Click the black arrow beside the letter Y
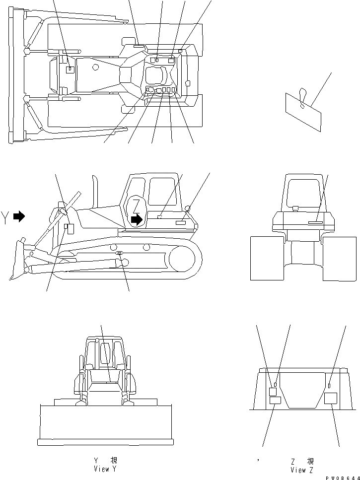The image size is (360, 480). coord(19,216)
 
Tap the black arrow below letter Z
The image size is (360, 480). coord(136,220)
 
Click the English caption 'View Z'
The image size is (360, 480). coord(301,470)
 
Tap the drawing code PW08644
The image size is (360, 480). coord(343,477)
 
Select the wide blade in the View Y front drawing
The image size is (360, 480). coord(106,423)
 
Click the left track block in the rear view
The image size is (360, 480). coord(266,258)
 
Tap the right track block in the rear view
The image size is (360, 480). coord(339,258)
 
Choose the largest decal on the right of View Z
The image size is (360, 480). coord(330,398)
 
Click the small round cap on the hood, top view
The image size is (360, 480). coord(95,67)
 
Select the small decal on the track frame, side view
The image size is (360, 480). coord(119,254)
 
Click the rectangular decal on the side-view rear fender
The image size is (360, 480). coord(181,224)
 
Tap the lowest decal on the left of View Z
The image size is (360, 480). coord(275,400)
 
